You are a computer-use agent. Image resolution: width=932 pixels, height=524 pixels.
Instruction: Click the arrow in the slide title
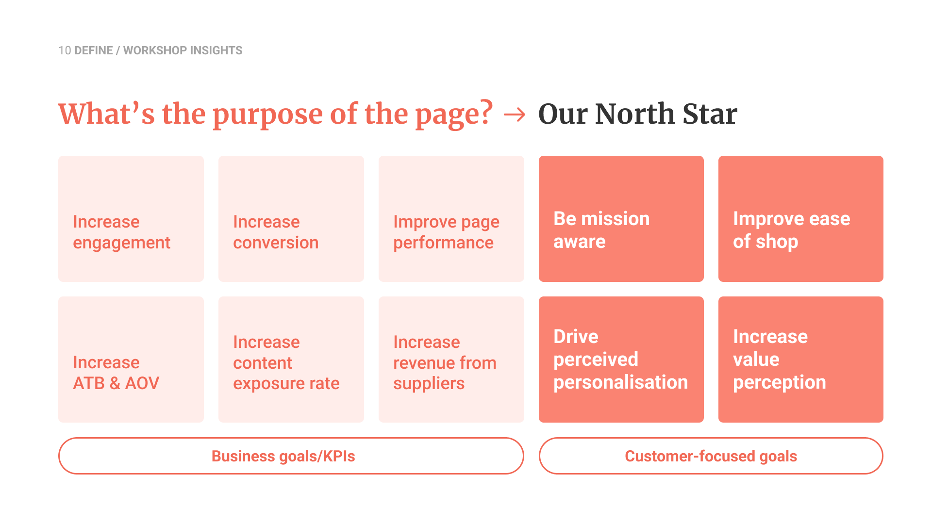point(515,115)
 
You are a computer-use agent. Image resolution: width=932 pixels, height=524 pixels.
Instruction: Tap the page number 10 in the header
point(65,50)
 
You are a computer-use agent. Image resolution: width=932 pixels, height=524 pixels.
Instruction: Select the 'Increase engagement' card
point(131,219)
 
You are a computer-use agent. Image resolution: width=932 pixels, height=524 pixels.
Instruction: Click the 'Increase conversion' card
point(291,219)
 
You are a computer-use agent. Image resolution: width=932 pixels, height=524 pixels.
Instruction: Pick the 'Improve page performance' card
point(451,219)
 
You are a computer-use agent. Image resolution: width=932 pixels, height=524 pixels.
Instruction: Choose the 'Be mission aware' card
point(621,219)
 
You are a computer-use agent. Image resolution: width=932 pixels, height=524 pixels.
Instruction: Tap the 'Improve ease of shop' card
point(801,219)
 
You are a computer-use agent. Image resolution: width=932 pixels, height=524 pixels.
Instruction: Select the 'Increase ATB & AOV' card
point(131,360)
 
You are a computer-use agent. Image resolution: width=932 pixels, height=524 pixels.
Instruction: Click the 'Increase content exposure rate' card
point(291,360)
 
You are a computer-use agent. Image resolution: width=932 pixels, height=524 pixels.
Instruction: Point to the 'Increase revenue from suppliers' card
point(451,360)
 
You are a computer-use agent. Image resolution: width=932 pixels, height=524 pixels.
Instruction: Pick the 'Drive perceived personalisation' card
point(621,360)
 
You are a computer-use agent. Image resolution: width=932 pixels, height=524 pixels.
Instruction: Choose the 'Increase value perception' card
point(801,360)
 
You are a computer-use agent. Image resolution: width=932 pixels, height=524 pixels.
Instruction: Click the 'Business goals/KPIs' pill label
point(291,456)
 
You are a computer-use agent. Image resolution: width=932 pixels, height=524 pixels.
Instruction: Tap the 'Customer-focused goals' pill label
point(711,456)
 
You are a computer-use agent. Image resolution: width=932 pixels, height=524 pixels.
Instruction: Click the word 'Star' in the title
point(710,114)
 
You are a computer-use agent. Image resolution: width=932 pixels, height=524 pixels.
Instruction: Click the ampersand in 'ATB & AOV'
point(115,383)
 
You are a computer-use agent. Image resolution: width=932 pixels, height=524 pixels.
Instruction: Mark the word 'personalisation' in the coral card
point(621,382)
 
